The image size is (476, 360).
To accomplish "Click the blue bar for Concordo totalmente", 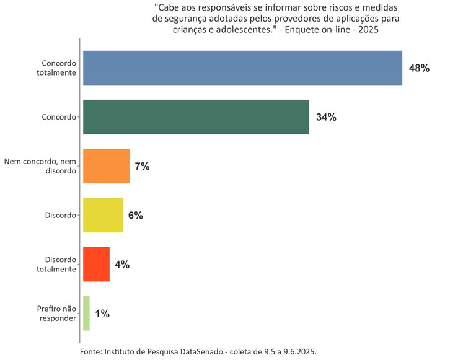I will point(242,68).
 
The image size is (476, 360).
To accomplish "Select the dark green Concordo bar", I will point(196,117).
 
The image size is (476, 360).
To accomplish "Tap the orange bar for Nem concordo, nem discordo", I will point(106,166).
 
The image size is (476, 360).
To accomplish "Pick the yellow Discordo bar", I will point(103,215).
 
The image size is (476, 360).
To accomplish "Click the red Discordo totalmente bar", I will point(96,265).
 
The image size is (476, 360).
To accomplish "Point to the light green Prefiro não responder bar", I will point(86,314).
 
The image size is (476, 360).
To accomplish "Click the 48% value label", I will point(419,68).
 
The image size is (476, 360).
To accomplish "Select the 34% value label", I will point(326,117).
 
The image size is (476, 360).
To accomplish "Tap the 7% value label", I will point(142,166).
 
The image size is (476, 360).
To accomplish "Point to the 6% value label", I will point(135,216).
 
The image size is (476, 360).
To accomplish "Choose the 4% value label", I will point(122,265).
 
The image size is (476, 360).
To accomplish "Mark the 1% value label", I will point(102,314).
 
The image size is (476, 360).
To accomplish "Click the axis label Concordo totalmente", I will point(58,68).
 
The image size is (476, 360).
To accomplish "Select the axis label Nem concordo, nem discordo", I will point(40,166).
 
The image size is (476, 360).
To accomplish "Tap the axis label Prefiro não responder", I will point(56,314).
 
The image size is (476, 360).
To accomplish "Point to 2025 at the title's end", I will point(366,29).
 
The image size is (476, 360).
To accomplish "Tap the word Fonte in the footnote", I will point(90,351).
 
